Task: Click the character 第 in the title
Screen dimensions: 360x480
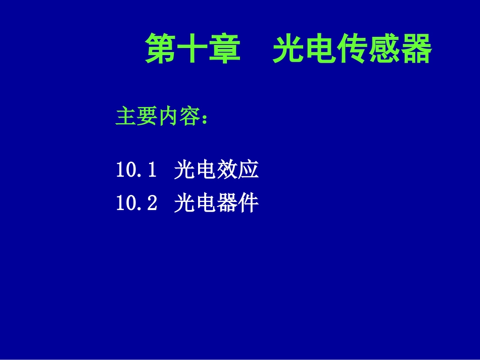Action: click(x=161, y=49)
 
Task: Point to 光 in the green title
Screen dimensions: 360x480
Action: click(x=289, y=49)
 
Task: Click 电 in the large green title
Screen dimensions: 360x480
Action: click(x=320, y=49)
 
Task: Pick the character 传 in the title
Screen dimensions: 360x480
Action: click(x=352, y=49)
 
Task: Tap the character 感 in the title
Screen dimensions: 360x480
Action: click(x=384, y=49)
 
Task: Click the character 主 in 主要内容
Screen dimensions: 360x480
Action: click(x=126, y=117)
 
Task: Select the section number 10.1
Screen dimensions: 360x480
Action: click(x=135, y=170)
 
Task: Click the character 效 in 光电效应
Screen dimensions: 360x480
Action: click(x=227, y=170)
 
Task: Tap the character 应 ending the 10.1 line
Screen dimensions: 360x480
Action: click(x=249, y=170)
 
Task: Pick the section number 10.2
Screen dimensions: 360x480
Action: click(x=136, y=203)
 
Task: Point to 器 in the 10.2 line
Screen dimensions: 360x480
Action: click(x=227, y=203)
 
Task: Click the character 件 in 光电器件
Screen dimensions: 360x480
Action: click(x=249, y=203)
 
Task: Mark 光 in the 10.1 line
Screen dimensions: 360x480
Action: click(x=184, y=170)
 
